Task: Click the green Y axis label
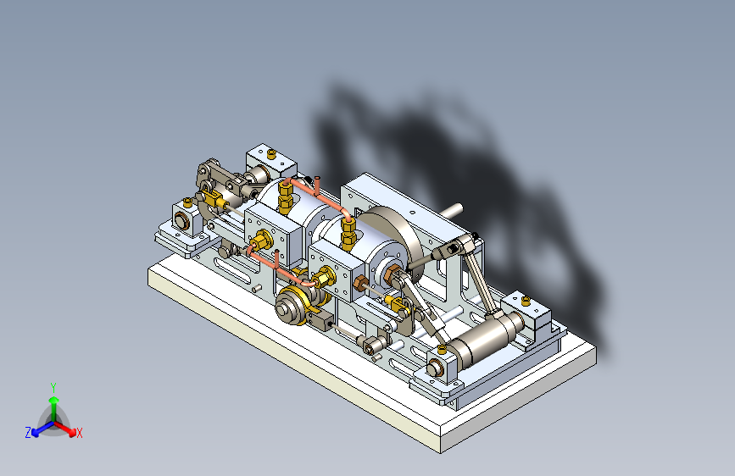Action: click(53, 387)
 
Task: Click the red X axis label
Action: click(79, 433)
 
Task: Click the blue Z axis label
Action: click(28, 433)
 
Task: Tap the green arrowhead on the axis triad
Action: click(54, 401)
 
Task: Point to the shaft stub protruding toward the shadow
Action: click(451, 210)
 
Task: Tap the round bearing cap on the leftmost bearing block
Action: click(181, 220)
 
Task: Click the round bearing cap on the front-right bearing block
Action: click(435, 368)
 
